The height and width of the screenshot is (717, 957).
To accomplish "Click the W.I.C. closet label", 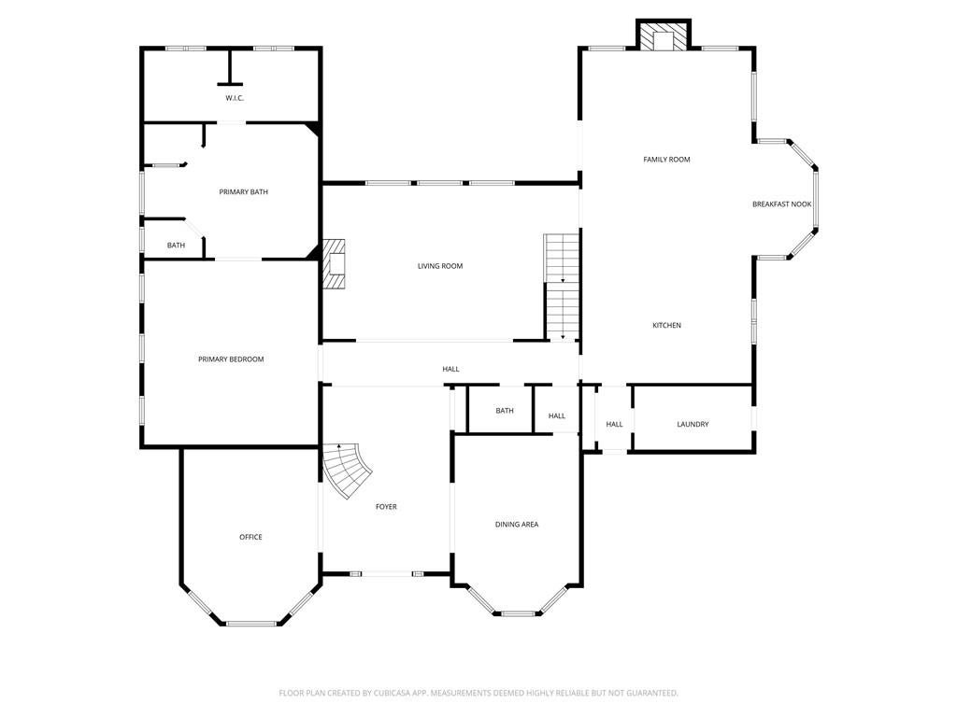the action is tap(235, 98).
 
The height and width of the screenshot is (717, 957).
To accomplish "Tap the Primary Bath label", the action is tap(244, 192).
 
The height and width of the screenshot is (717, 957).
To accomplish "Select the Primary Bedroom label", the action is tap(231, 359).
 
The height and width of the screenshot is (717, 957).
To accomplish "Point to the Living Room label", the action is tap(440, 266).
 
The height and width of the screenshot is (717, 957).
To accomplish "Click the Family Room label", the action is tap(666, 160).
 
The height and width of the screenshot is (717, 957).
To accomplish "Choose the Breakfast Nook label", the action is tap(782, 204).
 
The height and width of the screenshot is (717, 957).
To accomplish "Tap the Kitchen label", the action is tap(666, 326).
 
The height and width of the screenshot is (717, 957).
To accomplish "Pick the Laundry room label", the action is tap(693, 425).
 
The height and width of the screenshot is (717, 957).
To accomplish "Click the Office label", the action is tap(250, 537).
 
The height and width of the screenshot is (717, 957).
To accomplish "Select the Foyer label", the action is tap(386, 507).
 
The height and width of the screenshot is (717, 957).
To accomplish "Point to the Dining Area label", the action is tap(517, 525).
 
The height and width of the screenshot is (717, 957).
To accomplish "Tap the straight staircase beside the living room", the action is tap(562, 287).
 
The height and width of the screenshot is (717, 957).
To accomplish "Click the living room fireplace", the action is tap(334, 263).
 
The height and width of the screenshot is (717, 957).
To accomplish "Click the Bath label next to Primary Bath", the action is tap(176, 246).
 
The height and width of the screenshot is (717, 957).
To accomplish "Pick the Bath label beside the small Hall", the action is tap(505, 411).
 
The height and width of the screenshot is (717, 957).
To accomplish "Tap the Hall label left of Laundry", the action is tap(615, 425).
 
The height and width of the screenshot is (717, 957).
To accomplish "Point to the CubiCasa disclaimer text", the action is tap(478, 694).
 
